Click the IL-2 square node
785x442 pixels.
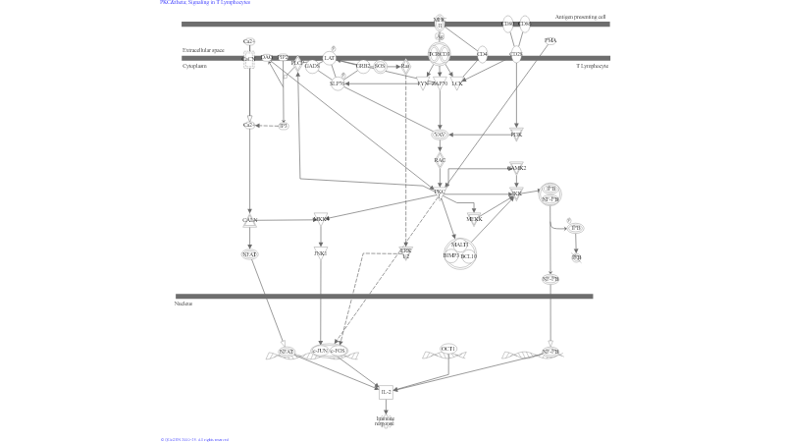387,391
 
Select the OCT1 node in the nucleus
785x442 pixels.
449,349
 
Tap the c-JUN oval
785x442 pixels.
320,351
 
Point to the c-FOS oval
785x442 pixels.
339,351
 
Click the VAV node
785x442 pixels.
440,134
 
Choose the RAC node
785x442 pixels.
441,160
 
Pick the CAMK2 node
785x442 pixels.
517,168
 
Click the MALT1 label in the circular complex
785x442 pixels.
460,245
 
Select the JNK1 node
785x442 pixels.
320,253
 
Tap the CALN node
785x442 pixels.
250,220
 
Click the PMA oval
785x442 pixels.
550,40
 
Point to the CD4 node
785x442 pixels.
482,55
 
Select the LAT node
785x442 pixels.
330,59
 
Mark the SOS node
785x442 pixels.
380,66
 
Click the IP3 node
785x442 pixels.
284,126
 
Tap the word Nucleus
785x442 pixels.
183,304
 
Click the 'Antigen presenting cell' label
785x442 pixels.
580,17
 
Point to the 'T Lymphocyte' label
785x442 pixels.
592,66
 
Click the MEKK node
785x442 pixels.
475,219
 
